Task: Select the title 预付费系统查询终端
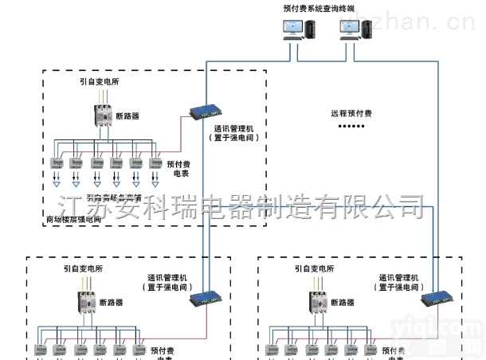point(319,8)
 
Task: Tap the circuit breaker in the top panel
point(103,117)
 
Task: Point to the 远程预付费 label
point(351,113)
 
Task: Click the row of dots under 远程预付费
point(351,127)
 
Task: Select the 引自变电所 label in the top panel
point(100,81)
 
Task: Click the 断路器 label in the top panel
point(127,116)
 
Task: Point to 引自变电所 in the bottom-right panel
point(312,269)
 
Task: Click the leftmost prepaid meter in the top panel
point(57,162)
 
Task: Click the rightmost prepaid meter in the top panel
point(155,162)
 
